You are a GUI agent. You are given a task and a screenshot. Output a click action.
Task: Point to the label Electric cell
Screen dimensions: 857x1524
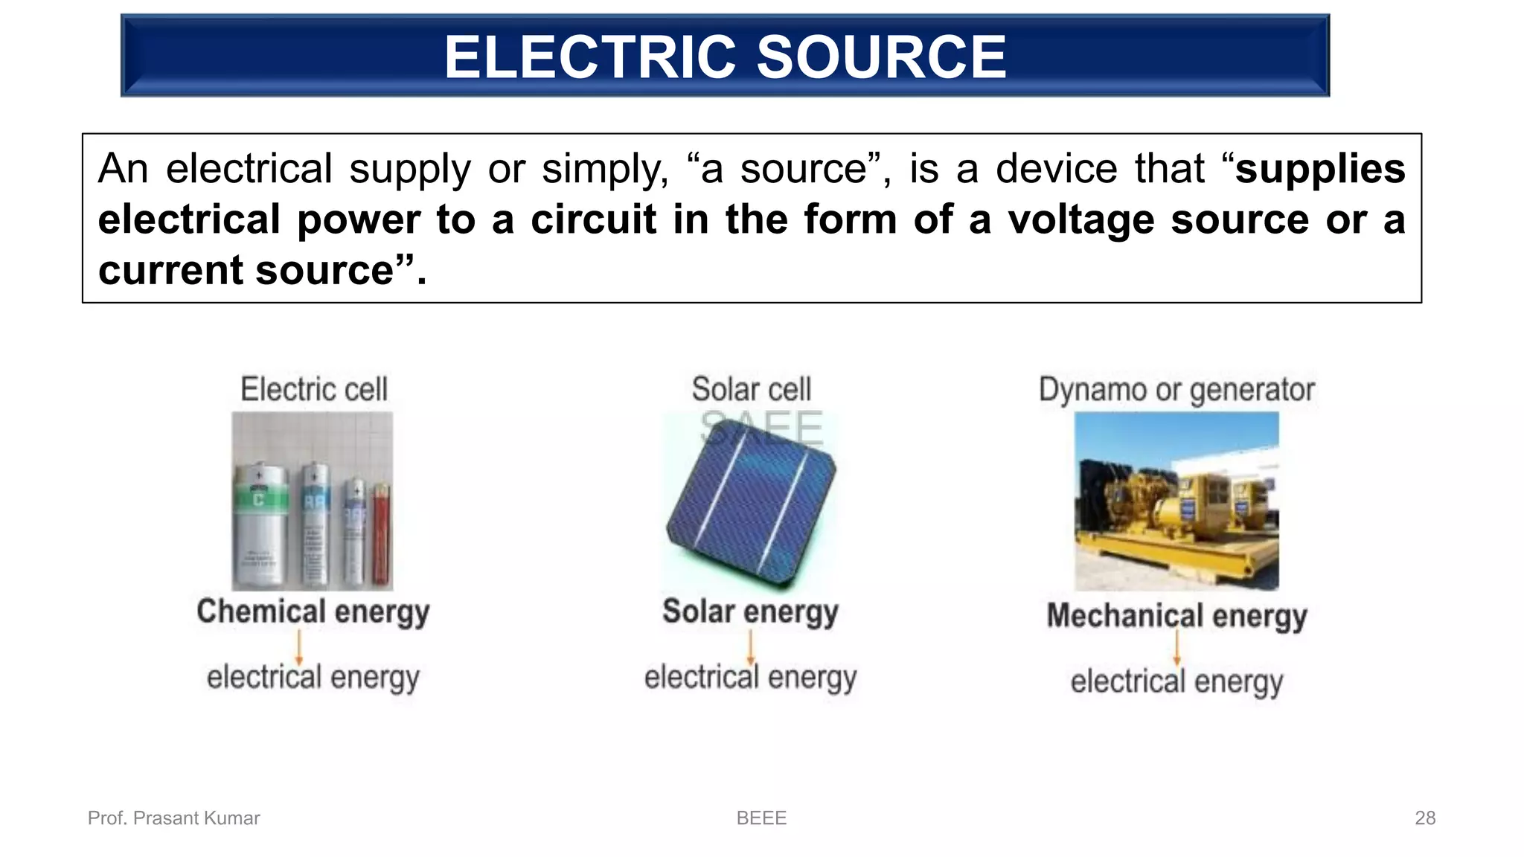tap(313, 390)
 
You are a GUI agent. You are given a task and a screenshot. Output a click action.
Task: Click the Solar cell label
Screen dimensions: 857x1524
tap(751, 390)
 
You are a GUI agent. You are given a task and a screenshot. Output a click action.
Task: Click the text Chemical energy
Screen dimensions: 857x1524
tap(313, 612)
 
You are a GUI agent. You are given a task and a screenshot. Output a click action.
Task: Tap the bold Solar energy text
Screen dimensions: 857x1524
tap(750, 612)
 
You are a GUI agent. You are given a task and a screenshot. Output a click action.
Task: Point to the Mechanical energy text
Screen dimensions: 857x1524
tap(1176, 616)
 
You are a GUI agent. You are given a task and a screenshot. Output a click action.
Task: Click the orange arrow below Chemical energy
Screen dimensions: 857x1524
tap(299, 646)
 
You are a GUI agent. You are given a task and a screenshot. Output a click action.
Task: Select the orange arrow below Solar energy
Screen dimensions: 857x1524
tap(750, 646)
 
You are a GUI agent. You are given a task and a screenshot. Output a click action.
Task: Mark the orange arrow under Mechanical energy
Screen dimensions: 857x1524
tap(1176, 648)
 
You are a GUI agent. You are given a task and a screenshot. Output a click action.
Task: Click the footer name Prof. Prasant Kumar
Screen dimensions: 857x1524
tap(173, 818)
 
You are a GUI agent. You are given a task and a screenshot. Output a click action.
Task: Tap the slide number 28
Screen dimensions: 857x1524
tap(1424, 818)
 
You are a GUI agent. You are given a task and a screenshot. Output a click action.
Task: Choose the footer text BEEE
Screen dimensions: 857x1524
tap(761, 818)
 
